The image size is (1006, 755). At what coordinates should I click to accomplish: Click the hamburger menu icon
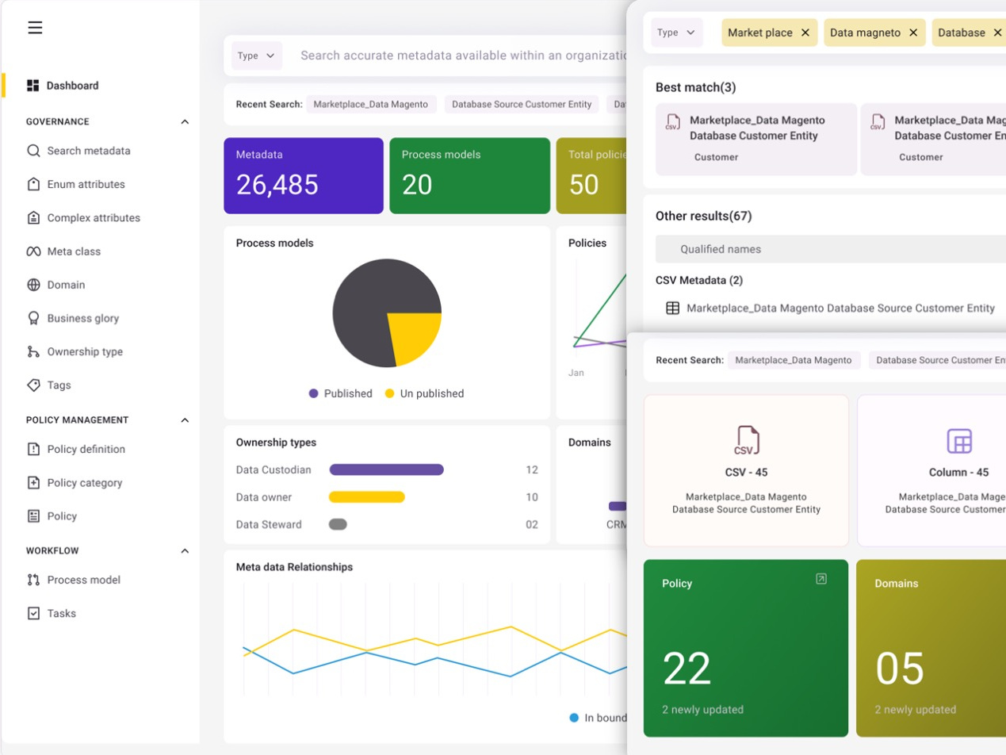click(x=35, y=28)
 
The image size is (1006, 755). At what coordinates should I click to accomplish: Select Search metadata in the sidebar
click(x=88, y=151)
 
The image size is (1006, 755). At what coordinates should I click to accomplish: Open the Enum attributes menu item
click(x=86, y=184)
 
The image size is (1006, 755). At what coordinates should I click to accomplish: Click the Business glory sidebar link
click(x=82, y=318)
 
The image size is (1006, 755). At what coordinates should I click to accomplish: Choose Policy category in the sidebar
click(x=84, y=482)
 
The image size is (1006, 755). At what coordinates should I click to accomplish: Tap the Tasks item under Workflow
click(x=61, y=613)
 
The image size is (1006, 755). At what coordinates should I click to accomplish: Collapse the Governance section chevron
click(x=185, y=122)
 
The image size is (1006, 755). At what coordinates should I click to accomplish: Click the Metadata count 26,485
click(x=277, y=185)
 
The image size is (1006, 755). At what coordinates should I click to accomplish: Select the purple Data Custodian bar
click(x=386, y=469)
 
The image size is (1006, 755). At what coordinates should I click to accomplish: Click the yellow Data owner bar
click(x=366, y=497)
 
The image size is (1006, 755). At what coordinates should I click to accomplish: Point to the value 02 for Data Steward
click(x=531, y=524)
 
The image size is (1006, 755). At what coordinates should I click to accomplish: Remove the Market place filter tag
click(x=805, y=33)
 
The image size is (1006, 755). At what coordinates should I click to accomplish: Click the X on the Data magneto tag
click(x=913, y=33)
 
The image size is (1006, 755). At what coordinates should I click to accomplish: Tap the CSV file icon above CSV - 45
click(x=746, y=440)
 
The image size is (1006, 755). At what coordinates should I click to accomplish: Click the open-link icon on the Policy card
click(x=821, y=579)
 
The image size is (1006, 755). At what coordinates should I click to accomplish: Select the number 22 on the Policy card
click(x=687, y=669)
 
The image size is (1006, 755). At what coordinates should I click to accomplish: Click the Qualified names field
click(x=824, y=249)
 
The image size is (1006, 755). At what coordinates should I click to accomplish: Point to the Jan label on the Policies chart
click(x=576, y=373)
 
